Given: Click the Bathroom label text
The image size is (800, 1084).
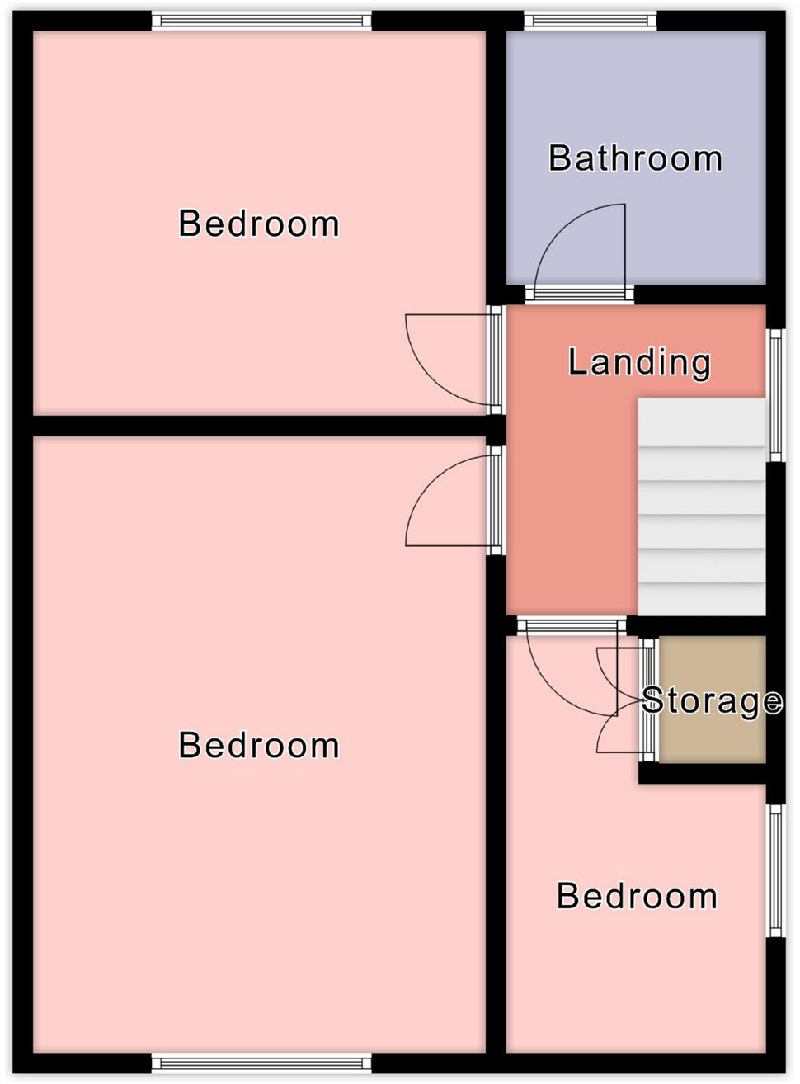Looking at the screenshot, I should click(x=635, y=158).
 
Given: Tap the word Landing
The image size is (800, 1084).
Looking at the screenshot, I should click(x=639, y=362).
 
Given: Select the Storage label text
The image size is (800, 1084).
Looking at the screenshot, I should click(x=712, y=700).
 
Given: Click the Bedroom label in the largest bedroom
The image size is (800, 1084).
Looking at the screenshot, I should click(x=259, y=745).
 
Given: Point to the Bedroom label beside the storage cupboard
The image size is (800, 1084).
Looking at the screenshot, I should click(x=637, y=896).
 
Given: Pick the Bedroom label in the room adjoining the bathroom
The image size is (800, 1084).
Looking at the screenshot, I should click(x=259, y=224).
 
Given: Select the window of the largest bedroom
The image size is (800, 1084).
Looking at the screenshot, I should click(x=261, y=1063).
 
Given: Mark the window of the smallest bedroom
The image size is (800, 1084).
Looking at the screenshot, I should click(x=776, y=870).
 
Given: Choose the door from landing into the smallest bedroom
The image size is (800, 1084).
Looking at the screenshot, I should click(x=569, y=668).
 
